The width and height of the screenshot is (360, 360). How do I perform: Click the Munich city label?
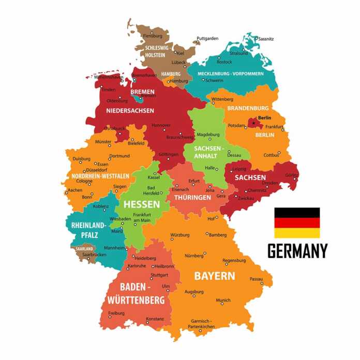[223, 300]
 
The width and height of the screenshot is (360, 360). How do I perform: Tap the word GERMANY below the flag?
[297, 251]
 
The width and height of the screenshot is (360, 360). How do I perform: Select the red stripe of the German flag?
[297, 223]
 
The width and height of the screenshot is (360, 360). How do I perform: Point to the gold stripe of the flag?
[297, 233]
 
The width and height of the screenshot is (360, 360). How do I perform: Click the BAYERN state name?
[214, 276]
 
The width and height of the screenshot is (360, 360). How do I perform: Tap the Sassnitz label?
[266, 39]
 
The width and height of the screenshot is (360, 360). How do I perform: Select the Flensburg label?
[153, 36]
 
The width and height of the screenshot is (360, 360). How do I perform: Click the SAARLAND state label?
[84, 249]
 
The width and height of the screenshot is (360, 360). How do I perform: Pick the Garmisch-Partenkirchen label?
[201, 324]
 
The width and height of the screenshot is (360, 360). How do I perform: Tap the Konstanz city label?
[155, 319]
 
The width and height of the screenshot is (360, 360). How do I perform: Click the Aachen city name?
[74, 190]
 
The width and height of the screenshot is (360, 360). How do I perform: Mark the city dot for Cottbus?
[279, 152]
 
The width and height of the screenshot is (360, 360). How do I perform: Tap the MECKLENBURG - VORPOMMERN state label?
[230, 73]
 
